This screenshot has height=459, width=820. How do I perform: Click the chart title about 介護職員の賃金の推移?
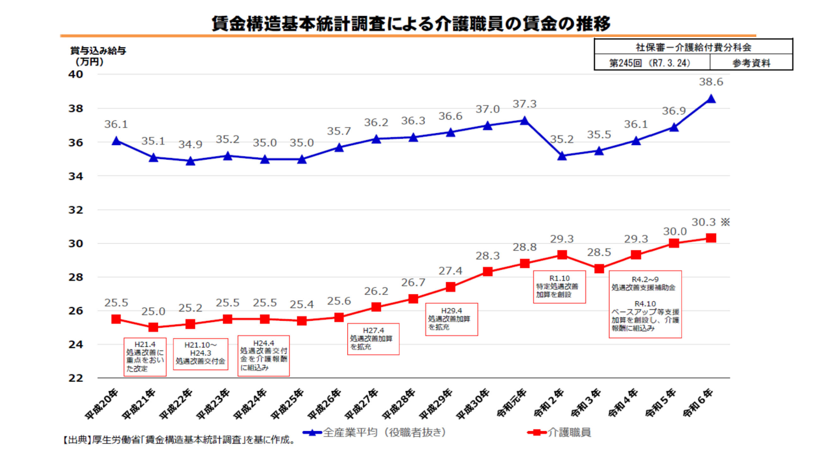[411, 24]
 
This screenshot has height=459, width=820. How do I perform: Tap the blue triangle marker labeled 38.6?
[711, 99]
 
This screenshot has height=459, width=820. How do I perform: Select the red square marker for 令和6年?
[711, 238]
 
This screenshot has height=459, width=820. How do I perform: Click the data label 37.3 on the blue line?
[525, 104]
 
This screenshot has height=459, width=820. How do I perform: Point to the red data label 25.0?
[153, 311]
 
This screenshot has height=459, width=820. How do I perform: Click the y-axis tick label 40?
[76, 74]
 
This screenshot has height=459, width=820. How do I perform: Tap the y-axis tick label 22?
[76, 378]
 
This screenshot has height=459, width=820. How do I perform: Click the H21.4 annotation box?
[145, 357]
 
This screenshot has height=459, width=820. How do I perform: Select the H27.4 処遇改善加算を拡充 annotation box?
[373, 339]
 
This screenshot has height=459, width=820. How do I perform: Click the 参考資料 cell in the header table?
[751, 63]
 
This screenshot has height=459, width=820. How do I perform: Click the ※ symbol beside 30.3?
[725, 222]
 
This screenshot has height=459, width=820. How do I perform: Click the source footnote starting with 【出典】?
[178, 439]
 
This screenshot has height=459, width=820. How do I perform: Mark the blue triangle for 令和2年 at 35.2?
[561, 155]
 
